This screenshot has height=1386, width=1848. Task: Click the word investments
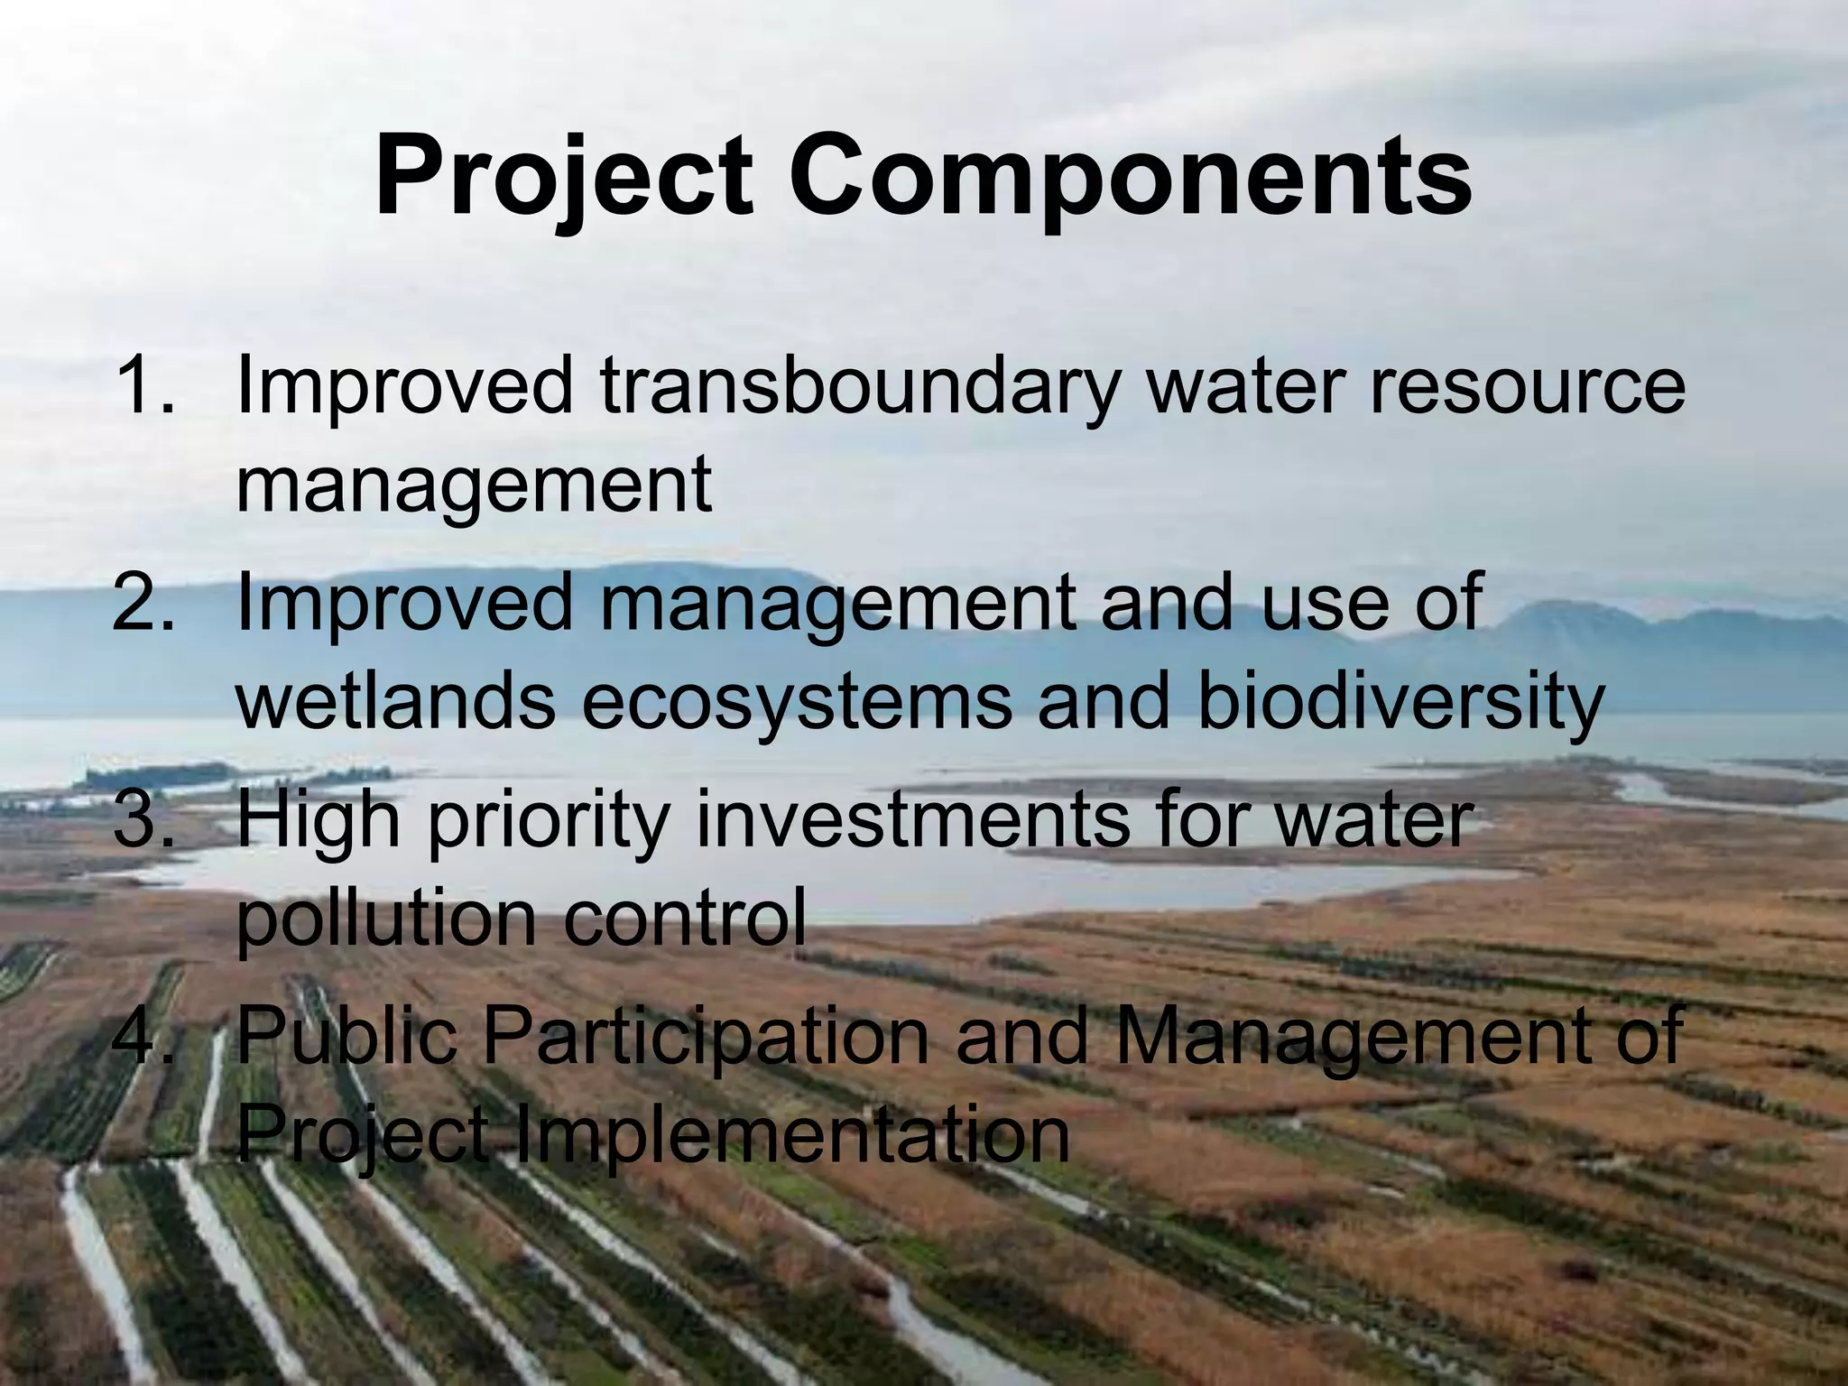(911, 820)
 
